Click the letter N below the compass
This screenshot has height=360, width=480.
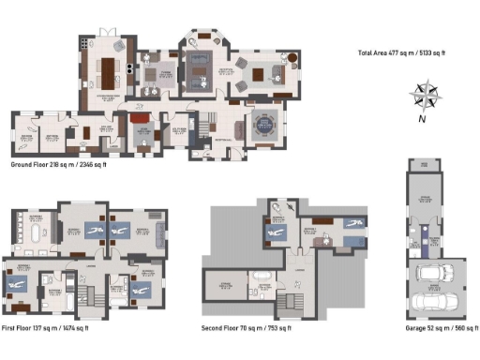coord(424,119)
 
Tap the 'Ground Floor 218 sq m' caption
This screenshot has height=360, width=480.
coord(57,165)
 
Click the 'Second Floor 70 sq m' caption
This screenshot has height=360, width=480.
coord(247,328)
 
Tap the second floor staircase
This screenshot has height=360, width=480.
coord(290,305)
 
